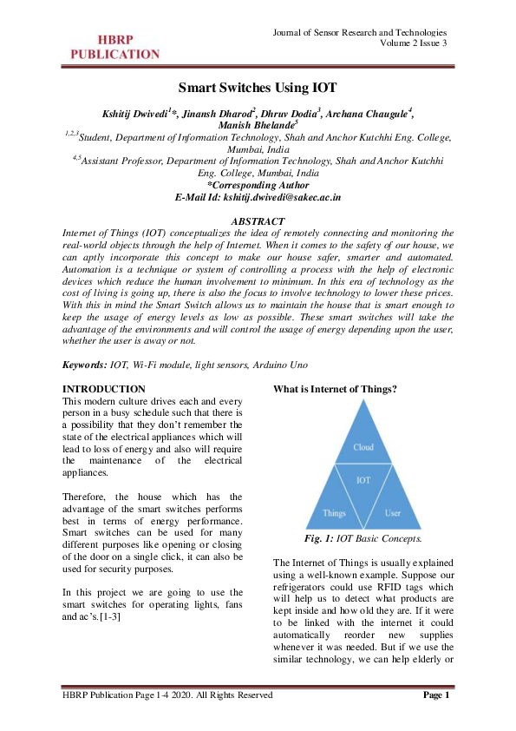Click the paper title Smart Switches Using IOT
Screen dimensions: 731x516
point(258,88)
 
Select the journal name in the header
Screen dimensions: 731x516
point(360,32)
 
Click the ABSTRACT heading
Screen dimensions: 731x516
point(258,221)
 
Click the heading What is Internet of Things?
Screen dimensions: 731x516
point(335,388)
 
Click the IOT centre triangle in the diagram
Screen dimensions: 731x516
point(363,479)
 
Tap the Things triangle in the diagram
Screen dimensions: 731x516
point(335,512)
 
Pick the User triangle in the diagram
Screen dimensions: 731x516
point(392,512)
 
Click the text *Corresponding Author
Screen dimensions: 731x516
point(258,185)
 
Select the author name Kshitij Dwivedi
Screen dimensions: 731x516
point(138,112)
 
